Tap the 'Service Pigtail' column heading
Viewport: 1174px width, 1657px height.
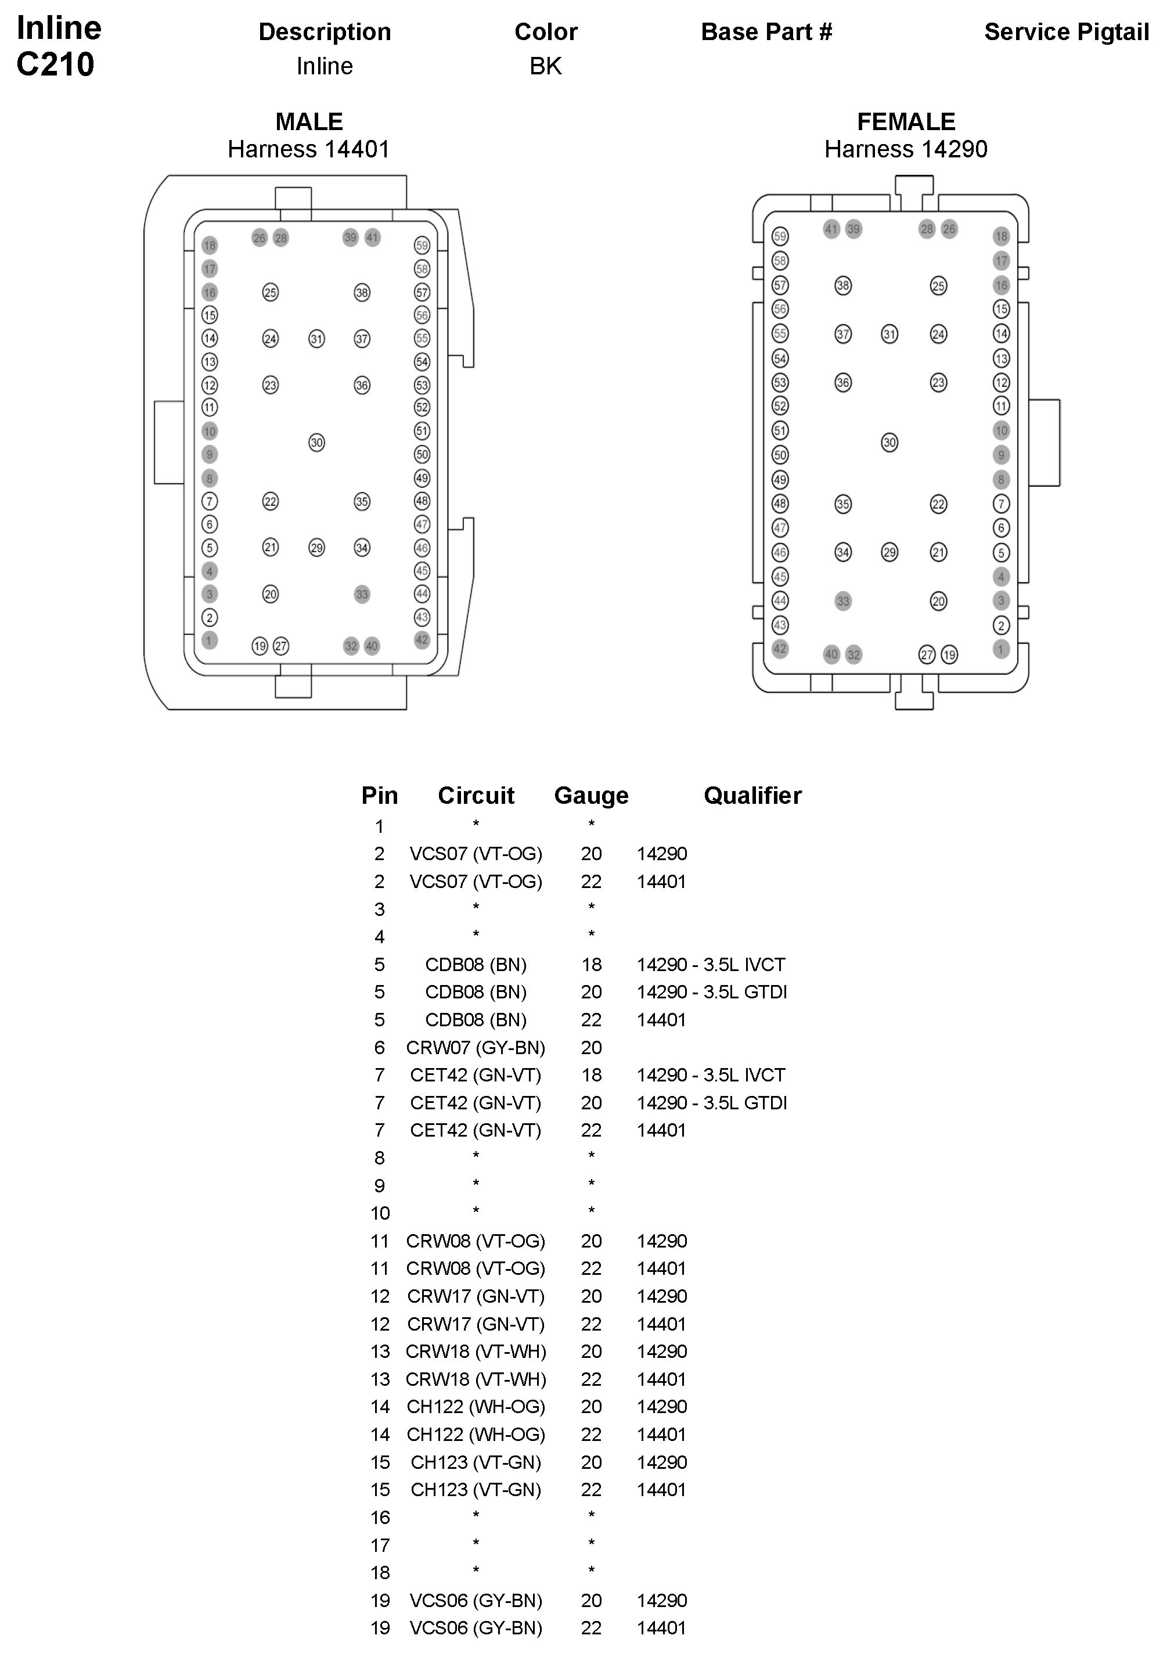1066,32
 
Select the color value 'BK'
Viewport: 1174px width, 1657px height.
545,66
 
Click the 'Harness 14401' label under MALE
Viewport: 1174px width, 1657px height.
309,149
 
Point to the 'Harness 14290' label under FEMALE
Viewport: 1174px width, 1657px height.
906,149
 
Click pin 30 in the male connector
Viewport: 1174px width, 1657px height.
316,443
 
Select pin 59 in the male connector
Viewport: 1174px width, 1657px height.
422,245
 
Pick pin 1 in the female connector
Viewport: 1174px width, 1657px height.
1001,649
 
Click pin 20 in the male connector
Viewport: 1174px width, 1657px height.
271,594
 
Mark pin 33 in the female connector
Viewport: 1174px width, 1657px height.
843,601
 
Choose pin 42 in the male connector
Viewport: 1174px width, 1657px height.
422,640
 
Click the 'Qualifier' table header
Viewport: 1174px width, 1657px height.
752,795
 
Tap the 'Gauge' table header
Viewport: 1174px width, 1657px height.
591,795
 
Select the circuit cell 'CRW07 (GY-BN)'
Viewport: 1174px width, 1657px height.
476,1048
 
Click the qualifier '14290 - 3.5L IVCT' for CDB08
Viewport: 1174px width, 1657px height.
711,965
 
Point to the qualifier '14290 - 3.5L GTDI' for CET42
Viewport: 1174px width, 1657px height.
711,1102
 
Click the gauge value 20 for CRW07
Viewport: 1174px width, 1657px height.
591,1048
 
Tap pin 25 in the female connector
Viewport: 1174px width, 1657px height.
938,286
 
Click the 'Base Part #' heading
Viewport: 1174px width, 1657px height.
766,32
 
